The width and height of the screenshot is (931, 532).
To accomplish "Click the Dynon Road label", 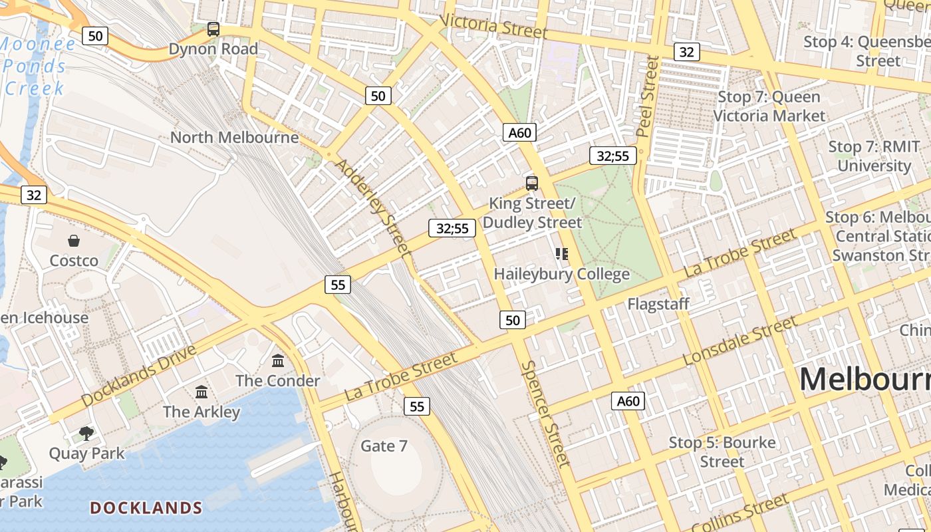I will click(x=213, y=49).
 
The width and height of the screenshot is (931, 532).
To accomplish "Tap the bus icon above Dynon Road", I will click(x=213, y=29).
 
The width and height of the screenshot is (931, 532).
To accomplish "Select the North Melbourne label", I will click(x=234, y=138).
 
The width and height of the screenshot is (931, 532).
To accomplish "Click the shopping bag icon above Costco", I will click(x=74, y=241).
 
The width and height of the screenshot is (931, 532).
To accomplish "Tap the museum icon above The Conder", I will click(x=278, y=361).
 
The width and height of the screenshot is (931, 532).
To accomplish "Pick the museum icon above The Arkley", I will click(x=201, y=392).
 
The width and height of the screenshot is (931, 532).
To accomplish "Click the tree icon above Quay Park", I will click(x=86, y=434).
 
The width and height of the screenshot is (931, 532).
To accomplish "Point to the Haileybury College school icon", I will click(x=562, y=254).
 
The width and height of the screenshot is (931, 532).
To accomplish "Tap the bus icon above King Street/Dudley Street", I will click(x=531, y=184).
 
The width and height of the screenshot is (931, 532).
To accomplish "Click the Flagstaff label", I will click(x=658, y=304).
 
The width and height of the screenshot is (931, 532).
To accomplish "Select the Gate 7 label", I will click(x=384, y=446).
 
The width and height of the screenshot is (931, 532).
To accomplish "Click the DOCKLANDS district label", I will click(x=146, y=508).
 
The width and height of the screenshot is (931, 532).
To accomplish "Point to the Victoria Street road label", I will click(x=493, y=26).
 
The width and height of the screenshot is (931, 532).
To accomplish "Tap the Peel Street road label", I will click(x=647, y=96).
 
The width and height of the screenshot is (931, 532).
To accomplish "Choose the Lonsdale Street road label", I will click(x=739, y=340).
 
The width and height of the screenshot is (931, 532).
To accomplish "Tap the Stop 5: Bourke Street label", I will click(x=722, y=452).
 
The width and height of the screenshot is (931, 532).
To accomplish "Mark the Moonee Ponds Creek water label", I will click(x=37, y=66).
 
